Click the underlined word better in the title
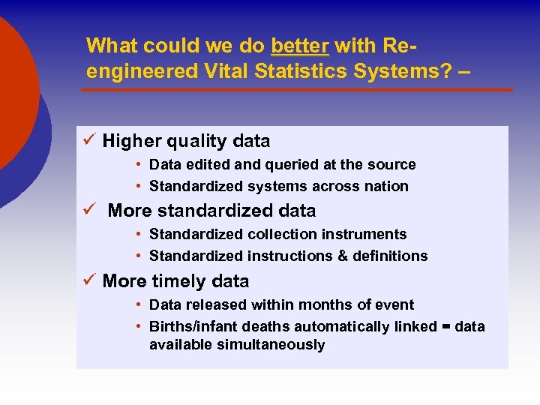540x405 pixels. pyautogui.click(x=300, y=46)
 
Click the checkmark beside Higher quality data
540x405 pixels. pyautogui.click(x=88, y=140)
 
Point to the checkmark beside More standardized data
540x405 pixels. pyautogui.click(x=88, y=210)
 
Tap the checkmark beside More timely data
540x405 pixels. pyautogui.click(x=88, y=280)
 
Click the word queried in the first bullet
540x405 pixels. pyautogui.click(x=272, y=164)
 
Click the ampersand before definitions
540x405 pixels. pyautogui.click(x=343, y=256)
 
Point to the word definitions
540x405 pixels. pyautogui.click(x=390, y=256)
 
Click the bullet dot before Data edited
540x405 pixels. pyautogui.click(x=139, y=164)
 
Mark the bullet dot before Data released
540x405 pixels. pyautogui.click(x=139, y=304)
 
